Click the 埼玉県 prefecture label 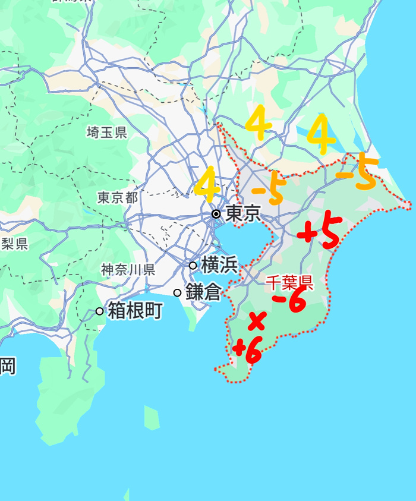(x=106, y=132)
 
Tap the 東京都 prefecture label (x=118, y=197)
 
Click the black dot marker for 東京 (x=216, y=213)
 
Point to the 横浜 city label (x=219, y=265)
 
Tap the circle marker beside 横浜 (x=193, y=266)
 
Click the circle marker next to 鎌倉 (x=177, y=292)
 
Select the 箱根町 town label (x=134, y=311)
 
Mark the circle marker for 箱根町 (x=99, y=311)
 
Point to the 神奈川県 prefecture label (x=128, y=270)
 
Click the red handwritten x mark (x=256, y=321)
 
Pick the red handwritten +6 (x=248, y=349)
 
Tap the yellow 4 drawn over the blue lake (x=322, y=134)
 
